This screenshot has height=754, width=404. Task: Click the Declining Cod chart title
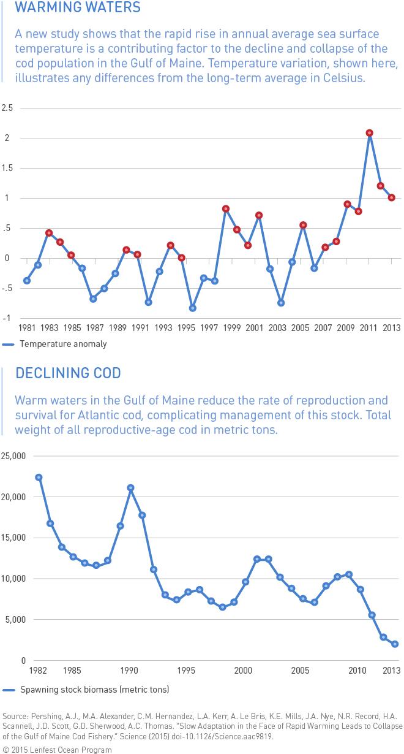pos(68,373)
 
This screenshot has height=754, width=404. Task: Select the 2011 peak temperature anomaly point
pos(370,133)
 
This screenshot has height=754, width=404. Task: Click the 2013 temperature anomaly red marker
pos(392,197)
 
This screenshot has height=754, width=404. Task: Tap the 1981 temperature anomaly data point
pos(27,281)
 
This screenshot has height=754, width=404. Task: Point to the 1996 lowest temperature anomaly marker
pos(193,308)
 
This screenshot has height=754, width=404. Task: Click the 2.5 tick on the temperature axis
pos(8,108)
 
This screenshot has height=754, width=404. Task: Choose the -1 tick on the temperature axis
pos(8,318)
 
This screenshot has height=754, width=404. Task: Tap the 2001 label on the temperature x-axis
pos(254,328)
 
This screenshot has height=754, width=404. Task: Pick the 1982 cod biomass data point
pos(39,477)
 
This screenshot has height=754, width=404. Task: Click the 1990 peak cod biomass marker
pos(130,488)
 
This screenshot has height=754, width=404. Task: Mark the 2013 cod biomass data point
pos(395,644)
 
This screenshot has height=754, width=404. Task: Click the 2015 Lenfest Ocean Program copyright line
pos(58,749)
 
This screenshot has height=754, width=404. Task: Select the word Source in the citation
pos(14,716)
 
